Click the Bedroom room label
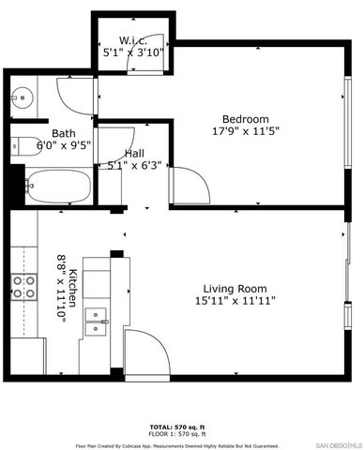pyautogui.click(x=245, y=119)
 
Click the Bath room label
pyautogui.click(x=64, y=133)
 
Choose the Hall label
pyautogui.click(x=134, y=153)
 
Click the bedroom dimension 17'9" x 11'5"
pyautogui.click(x=246, y=131)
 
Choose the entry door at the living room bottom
pyautogui.click(x=145, y=351)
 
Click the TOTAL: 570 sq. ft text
pyautogui.click(x=181, y=427)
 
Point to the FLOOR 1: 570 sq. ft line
pyautogui.click(x=181, y=434)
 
